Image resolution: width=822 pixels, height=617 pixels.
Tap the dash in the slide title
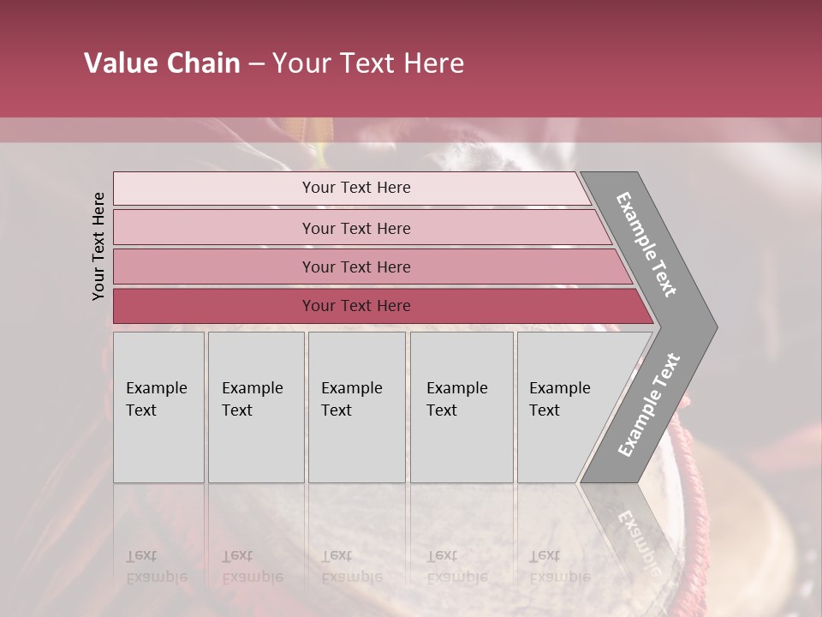(x=256, y=64)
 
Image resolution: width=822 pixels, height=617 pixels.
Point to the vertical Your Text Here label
(x=98, y=246)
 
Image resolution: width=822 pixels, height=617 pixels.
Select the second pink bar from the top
(x=356, y=228)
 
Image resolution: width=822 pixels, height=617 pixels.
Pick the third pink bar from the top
(x=356, y=267)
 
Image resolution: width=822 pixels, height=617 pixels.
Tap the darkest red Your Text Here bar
(x=356, y=306)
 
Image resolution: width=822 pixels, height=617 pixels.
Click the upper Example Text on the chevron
(x=646, y=244)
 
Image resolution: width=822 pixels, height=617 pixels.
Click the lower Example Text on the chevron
(x=649, y=404)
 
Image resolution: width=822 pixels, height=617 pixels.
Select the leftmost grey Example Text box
(x=158, y=407)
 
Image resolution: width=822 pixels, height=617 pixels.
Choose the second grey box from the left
(x=255, y=407)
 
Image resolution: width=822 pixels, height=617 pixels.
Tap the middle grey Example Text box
(x=356, y=407)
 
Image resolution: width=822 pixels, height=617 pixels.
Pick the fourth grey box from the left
(x=461, y=407)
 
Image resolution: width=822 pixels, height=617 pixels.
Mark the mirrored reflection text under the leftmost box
(x=156, y=566)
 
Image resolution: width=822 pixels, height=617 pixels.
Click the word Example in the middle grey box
(x=352, y=388)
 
